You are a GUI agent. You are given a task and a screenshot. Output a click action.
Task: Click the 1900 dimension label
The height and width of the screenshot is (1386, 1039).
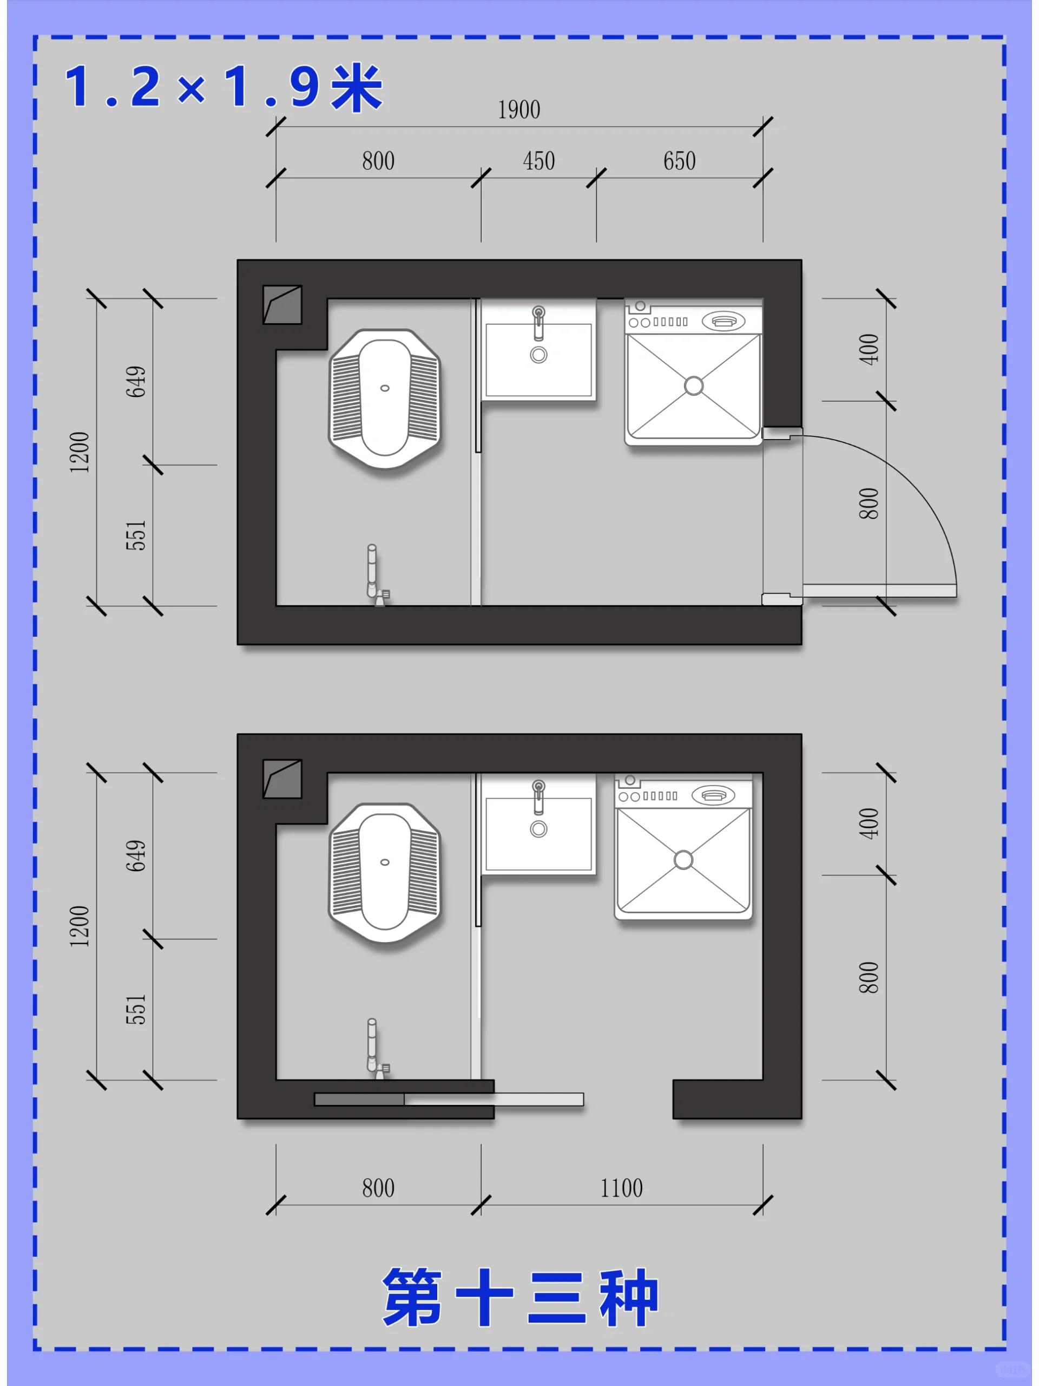pyautogui.click(x=518, y=110)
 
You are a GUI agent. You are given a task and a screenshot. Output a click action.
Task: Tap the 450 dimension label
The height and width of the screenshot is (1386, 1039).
pyautogui.click(x=538, y=161)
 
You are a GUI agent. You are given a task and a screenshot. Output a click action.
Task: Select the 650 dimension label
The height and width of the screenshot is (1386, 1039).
pyautogui.click(x=680, y=161)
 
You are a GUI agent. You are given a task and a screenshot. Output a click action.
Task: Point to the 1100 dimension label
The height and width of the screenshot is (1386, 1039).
pyautogui.click(x=621, y=1188)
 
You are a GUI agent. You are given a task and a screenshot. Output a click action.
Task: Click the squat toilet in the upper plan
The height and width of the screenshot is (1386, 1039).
pyautogui.click(x=385, y=398)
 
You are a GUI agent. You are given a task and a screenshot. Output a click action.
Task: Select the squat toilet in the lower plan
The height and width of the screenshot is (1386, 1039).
pyautogui.click(x=385, y=873)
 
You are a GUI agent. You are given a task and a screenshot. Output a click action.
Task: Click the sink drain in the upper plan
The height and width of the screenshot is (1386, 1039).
pyautogui.click(x=538, y=355)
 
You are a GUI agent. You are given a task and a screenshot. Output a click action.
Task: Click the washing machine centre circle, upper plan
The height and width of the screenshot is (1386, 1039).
pyautogui.click(x=693, y=385)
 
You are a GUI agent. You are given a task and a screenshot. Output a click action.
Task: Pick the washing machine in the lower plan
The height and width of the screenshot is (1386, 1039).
pyautogui.click(x=683, y=847)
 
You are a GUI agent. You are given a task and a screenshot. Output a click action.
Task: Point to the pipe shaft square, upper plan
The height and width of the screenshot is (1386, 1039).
pyautogui.click(x=282, y=304)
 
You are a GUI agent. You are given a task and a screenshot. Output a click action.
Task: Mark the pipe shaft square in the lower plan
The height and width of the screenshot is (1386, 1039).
pyautogui.click(x=282, y=779)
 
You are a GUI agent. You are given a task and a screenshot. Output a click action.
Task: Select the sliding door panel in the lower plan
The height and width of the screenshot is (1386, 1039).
pyautogui.click(x=449, y=1099)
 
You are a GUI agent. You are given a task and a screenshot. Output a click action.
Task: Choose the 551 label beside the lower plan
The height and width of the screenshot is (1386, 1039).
pyautogui.click(x=136, y=1009)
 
